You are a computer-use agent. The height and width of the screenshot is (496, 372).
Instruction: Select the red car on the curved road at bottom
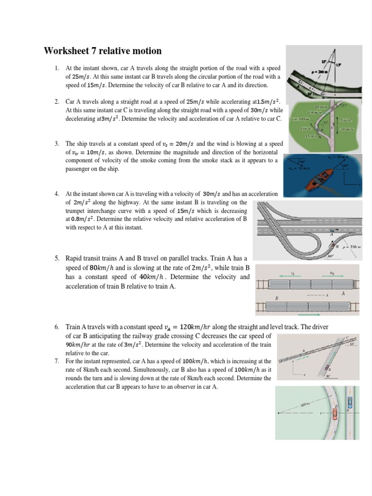click(334, 414)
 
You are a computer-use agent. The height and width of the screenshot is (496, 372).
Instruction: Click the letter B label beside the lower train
click(277, 299)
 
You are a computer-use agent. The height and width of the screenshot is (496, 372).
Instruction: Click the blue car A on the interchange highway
click(331, 231)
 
